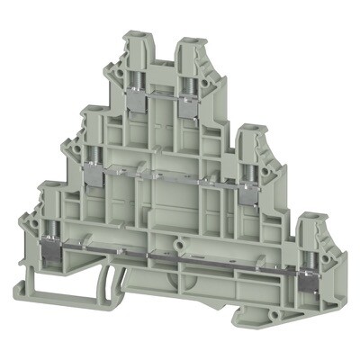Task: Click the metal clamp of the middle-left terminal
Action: (94, 174)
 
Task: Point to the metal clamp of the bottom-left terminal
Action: (51, 243)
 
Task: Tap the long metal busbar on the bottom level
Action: (180, 257)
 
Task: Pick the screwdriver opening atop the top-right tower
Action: (190, 43)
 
